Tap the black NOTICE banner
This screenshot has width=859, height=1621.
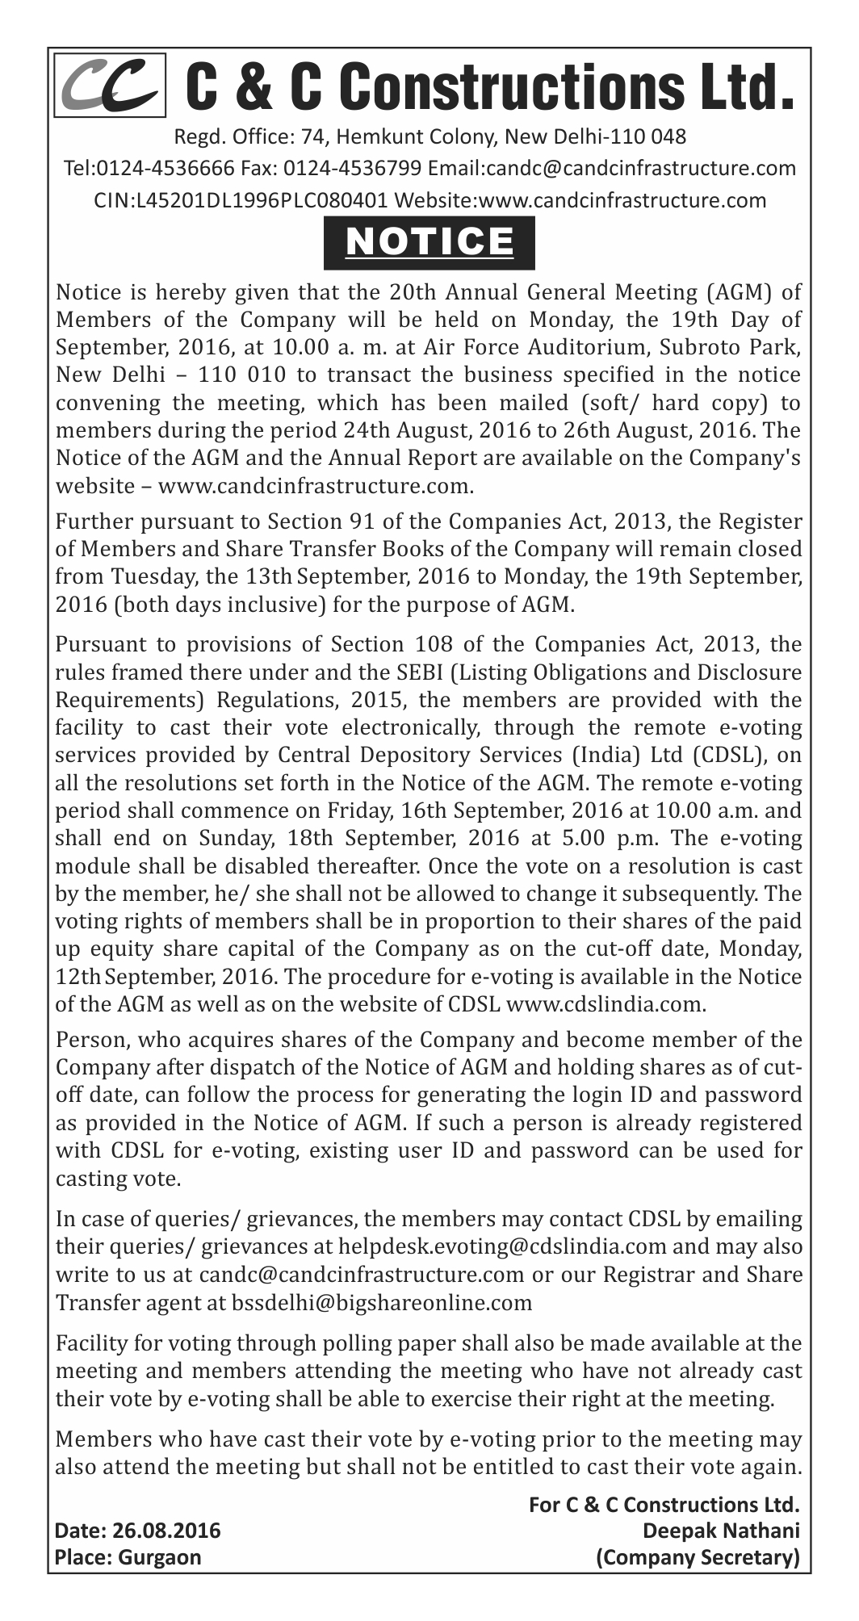click(x=429, y=242)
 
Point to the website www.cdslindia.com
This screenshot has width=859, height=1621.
click(x=609, y=1005)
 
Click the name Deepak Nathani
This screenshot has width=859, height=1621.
click(x=721, y=1531)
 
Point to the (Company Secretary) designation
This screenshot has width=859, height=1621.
click(x=697, y=1557)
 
